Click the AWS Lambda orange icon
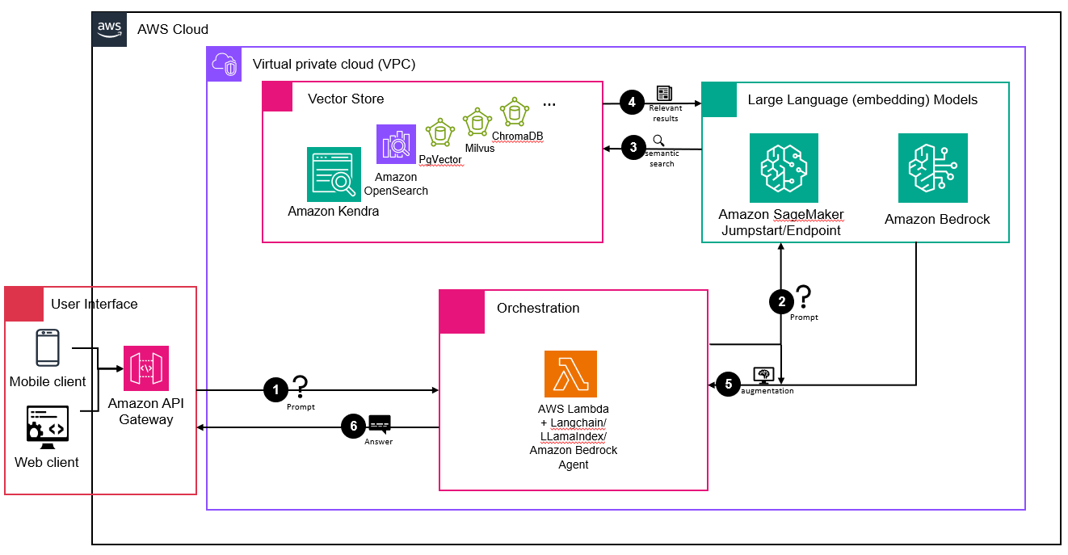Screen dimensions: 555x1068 [570, 374]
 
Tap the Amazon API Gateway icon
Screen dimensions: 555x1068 [145, 368]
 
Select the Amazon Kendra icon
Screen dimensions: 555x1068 [334, 174]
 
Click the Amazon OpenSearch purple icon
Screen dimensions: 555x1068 [396, 145]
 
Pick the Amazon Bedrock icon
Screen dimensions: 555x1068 [932, 168]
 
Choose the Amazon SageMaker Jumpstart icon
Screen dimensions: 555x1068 [784, 168]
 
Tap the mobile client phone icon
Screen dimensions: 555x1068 [48, 347]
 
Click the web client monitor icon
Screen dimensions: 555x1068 [47, 428]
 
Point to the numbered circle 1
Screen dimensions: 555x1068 [276, 390]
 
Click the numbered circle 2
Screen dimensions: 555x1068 [781, 302]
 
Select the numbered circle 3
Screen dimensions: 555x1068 [633, 148]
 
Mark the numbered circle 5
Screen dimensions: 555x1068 [728, 383]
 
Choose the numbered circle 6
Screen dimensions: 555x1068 [353, 426]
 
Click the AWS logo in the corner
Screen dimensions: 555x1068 [109, 29]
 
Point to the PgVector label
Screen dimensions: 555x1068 [440, 160]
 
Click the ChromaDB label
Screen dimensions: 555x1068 [517, 136]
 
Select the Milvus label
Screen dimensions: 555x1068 [479, 148]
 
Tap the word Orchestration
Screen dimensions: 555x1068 [538, 308]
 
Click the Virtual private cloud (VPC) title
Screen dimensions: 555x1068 [334, 64]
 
